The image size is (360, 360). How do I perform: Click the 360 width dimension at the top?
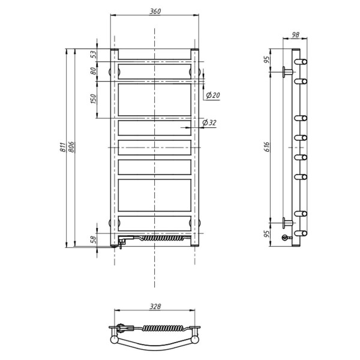point(155,11)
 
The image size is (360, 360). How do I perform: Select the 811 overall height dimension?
point(62,147)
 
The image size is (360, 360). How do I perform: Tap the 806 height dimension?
point(71,147)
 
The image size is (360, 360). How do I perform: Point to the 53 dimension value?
point(94,55)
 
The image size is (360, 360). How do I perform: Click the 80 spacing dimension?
point(94,71)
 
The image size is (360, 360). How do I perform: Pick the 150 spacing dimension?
point(94,99)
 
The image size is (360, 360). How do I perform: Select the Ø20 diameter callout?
point(213,95)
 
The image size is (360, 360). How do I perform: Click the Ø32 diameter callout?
point(209,122)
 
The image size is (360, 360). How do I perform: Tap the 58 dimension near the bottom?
point(94,239)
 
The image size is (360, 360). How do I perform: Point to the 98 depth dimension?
point(295,35)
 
